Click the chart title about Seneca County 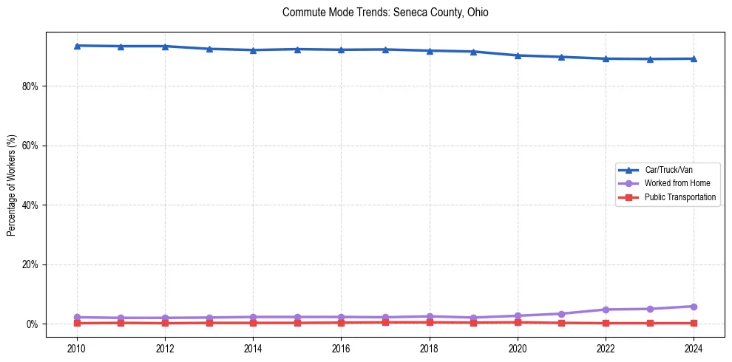(385, 13)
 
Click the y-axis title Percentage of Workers (11, 185)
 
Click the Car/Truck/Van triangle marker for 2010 (76, 46)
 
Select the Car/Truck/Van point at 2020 (518, 55)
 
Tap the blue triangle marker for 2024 (694, 58)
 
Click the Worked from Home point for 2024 (694, 307)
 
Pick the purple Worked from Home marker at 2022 (606, 310)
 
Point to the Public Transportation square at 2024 (694, 323)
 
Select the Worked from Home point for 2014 (253, 317)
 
